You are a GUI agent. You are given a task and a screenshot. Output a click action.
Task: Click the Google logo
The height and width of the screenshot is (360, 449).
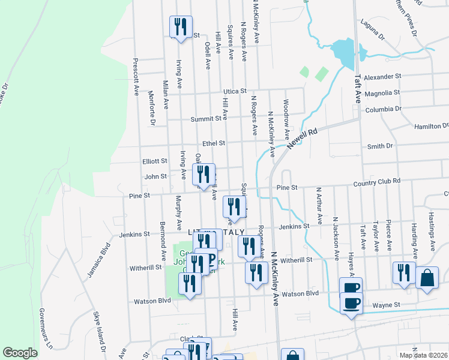pyautogui.click(x=20, y=353)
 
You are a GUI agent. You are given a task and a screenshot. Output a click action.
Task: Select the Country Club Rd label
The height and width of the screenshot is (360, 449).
pyautogui.click(x=376, y=182)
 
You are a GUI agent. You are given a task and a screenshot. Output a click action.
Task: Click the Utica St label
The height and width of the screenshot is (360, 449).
pyautogui.click(x=235, y=91)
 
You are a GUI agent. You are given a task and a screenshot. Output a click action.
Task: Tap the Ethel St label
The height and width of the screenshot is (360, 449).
pyautogui.click(x=213, y=143)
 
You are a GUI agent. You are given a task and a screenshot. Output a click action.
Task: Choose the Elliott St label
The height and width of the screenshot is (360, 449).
pyautogui.click(x=154, y=161)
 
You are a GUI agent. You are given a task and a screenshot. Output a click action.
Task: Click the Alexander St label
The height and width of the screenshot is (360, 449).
pyautogui.click(x=382, y=77)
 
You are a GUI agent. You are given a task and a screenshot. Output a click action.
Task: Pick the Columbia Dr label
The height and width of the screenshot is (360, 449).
pyautogui.click(x=382, y=109)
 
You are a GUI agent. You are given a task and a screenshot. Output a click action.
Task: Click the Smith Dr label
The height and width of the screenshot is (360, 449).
pyautogui.click(x=379, y=146)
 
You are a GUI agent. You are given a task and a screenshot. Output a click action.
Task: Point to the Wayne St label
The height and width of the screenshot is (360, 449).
pyautogui.click(x=386, y=305)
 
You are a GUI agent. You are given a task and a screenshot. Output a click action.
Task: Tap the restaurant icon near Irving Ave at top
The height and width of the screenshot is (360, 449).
pyautogui.click(x=181, y=27)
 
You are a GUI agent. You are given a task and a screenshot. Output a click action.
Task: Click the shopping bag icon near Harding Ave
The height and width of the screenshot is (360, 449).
pyautogui.click(x=427, y=278)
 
